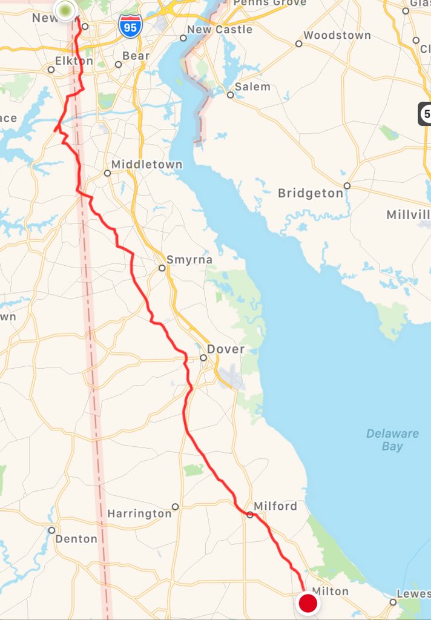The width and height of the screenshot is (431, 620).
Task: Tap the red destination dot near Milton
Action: coord(308,602)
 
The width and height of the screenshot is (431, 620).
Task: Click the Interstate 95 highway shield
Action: coord(130,27)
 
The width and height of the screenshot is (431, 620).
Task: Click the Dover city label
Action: coord(226,349)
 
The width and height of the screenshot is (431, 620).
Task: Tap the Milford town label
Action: coord(275,506)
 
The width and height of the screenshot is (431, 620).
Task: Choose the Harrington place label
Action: coord(139,513)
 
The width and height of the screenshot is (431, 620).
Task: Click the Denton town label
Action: coord(76,538)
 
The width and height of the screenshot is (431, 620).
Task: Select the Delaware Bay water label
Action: coord(392,440)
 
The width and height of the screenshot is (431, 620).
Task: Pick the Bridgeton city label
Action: coord(310,193)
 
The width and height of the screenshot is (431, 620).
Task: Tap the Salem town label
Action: coord(252,87)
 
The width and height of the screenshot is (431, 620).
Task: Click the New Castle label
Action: coord(220,29)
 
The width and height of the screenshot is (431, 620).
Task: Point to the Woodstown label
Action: coord(337,35)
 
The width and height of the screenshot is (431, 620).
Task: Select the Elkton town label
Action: coord(74,61)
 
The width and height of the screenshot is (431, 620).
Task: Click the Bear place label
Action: coord(136,56)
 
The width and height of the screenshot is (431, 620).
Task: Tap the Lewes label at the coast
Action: coord(413,594)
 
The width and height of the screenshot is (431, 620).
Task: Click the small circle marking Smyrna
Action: coord(162,268)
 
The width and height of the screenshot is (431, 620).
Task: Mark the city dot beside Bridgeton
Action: coord(347,186)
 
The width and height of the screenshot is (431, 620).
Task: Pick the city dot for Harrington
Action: coord(175,506)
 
